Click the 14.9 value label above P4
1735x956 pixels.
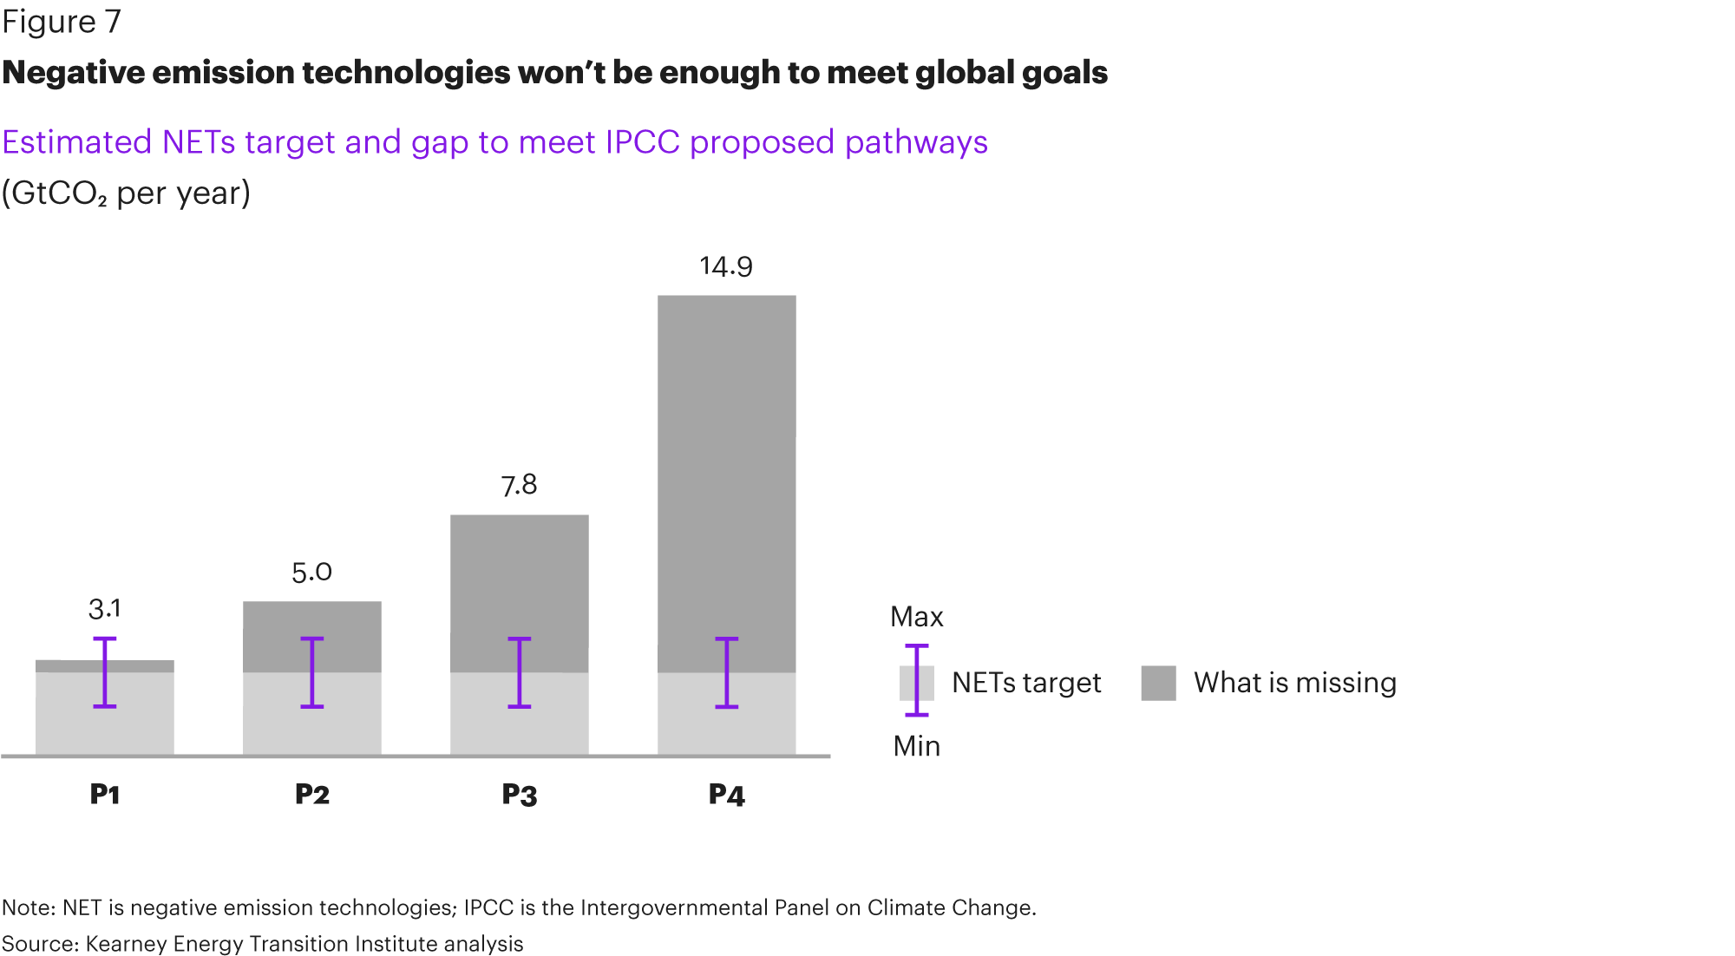726,266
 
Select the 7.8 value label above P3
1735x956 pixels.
519,485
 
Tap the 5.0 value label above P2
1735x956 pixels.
311,573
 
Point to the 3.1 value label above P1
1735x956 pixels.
105,609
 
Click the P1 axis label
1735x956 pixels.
105,794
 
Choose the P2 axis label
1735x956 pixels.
311,794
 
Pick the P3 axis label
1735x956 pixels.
519,794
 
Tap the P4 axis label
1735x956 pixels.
726,794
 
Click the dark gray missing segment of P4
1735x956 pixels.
726,468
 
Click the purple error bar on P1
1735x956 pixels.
105,673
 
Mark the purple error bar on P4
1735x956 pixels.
726,673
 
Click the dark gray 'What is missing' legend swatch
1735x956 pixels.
1158,683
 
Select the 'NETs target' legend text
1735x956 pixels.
1025,683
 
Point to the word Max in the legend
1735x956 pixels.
916,617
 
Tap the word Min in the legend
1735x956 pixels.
916,746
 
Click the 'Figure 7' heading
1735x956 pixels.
62,22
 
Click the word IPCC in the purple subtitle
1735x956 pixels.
642,142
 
